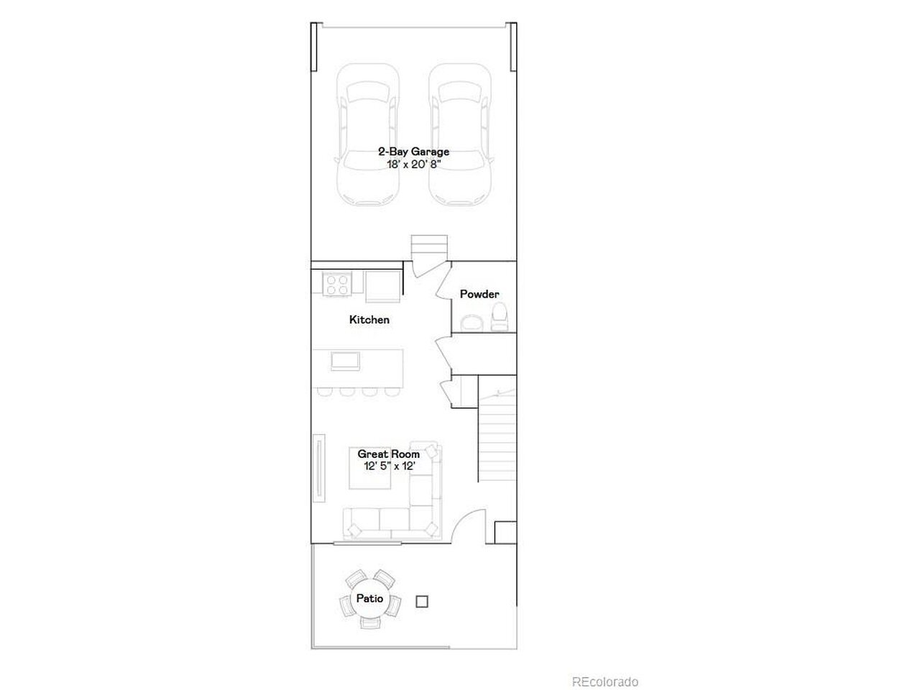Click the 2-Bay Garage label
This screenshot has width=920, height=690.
point(413,151)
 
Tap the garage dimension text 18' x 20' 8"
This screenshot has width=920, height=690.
point(413,164)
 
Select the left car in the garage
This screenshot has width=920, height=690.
point(367,135)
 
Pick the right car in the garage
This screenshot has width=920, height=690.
point(460,135)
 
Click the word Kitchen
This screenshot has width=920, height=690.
point(369,320)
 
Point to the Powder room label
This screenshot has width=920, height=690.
point(479,294)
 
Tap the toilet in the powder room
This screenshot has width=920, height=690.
point(499,316)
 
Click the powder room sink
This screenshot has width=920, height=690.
point(471,323)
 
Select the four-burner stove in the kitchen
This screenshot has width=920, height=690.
point(337,285)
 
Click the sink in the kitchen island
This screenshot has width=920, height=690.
point(345,361)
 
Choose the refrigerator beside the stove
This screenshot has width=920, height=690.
point(382,286)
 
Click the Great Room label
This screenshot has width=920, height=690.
point(389,454)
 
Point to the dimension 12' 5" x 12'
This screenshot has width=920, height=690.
point(390,466)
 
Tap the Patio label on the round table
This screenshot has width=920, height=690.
point(369,598)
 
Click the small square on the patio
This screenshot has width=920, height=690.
point(422,602)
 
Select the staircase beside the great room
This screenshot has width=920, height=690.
point(497,436)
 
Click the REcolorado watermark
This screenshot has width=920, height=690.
point(604,681)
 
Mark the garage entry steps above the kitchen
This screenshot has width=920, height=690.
point(429,248)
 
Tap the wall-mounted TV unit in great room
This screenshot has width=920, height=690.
point(319,467)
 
